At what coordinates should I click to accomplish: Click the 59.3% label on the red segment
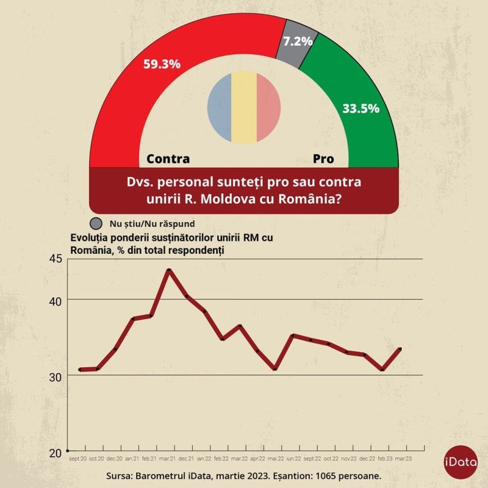click(x=162, y=63)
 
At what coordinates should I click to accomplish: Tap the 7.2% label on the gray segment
click(x=297, y=41)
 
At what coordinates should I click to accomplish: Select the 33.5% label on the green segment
click(x=361, y=109)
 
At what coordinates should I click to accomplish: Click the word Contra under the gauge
click(x=168, y=159)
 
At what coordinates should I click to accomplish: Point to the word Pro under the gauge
click(x=323, y=159)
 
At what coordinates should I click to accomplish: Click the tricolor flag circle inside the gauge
click(x=243, y=107)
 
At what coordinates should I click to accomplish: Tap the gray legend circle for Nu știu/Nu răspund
click(x=96, y=223)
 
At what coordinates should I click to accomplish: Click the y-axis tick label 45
click(x=56, y=259)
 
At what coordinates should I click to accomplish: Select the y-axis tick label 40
click(x=56, y=301)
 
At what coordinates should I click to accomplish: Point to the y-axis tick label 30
click(x=56, y=377)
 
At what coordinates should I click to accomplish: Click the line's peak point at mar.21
click(x=168, y=270)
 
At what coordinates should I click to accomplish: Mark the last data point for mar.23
click(x=400, y=349)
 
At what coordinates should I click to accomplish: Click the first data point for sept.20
click(x=80, y=370)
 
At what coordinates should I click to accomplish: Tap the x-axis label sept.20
click(x=78, y=457)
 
